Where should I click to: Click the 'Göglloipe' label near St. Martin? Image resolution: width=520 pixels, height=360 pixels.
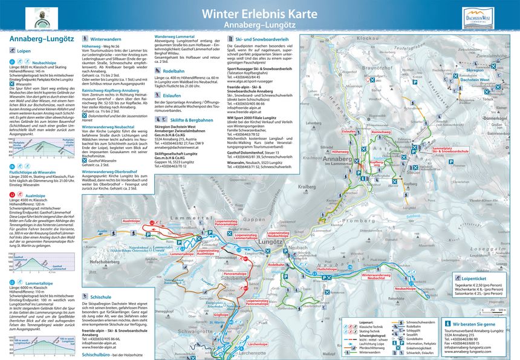click(221, 315)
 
